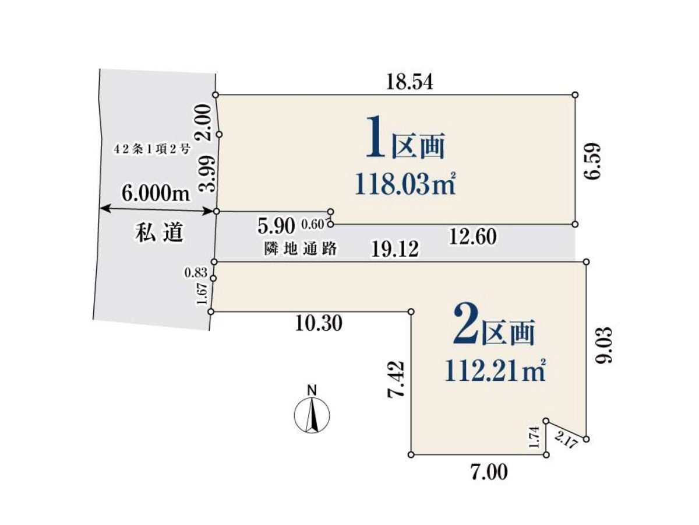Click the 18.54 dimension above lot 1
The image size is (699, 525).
click(410, 82)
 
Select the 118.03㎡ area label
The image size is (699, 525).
click(405, 184)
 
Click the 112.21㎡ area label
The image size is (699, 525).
click(495, 371)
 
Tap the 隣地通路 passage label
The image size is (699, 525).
click(301, 249)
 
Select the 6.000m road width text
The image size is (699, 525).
click(156, 193)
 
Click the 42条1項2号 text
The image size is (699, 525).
click(152, 149)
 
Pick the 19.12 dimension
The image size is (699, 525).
click(395, 249)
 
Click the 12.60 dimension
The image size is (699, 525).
click(473, 237)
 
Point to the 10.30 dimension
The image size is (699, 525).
click(319, 324)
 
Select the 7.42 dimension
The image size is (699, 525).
click(396, 379)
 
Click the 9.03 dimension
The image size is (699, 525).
click(605, 345)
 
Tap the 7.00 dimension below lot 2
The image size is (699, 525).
click(489, 473)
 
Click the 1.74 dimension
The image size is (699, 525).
click(535, 437)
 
